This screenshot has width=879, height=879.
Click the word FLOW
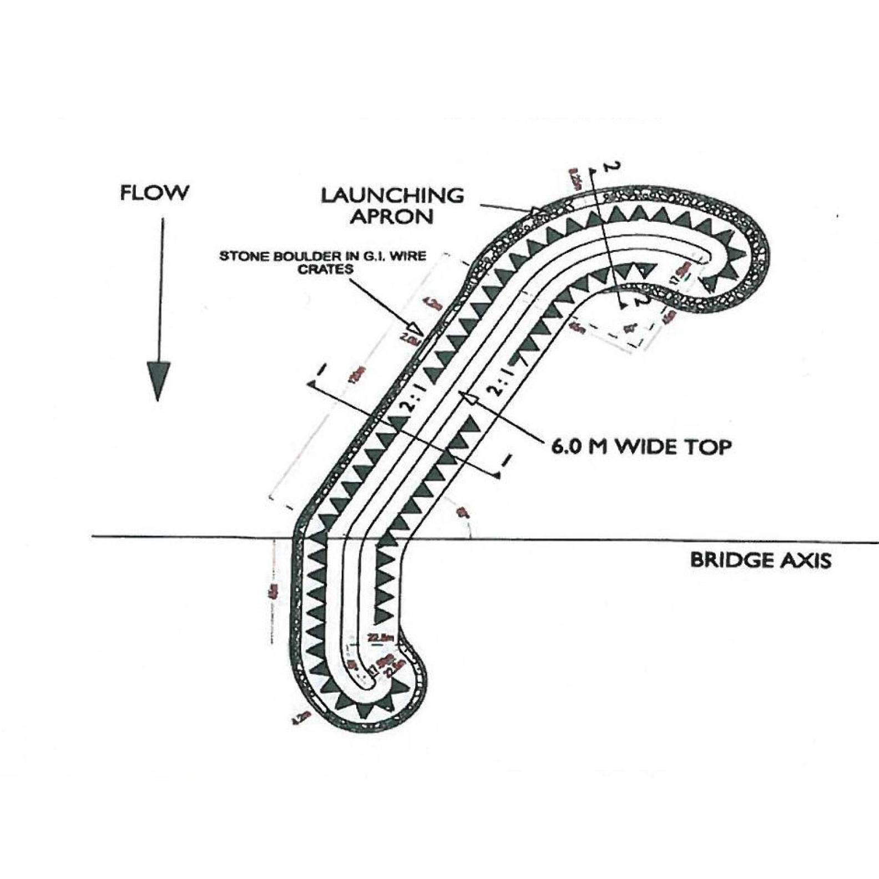click(x=154, y=193)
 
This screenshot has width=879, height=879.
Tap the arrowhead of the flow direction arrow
click(x=158, y=380)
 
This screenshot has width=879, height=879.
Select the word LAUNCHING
click(x=392, y=195)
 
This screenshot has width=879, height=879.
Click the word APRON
click(x=392, y=216)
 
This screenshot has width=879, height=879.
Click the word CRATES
click(x=325, y=270)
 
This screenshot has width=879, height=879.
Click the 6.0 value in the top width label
click(x=566, y=446)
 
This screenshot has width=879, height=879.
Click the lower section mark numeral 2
click(x=644, y=300)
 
